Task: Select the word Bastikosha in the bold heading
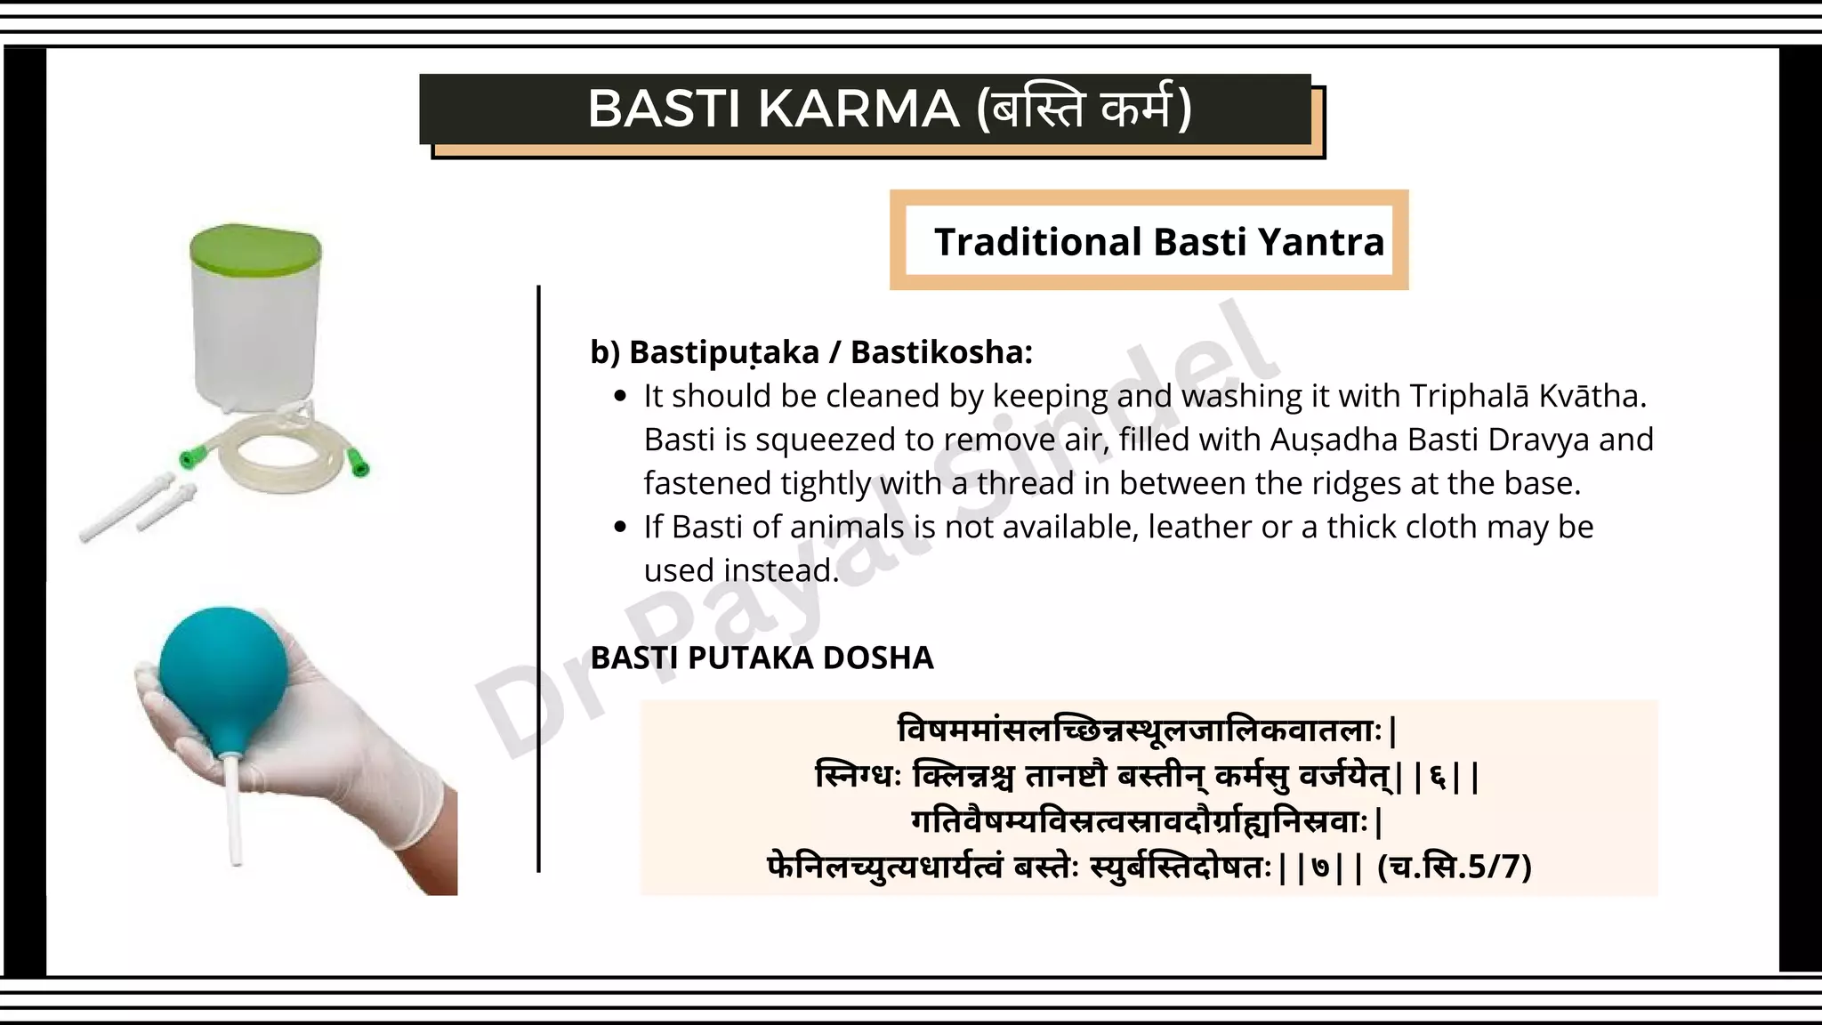[941, 352]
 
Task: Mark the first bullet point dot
[621, 397]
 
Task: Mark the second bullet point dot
[621, 528]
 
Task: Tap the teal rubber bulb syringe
[222, 667]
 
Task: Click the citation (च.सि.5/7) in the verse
[1454, 867]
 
